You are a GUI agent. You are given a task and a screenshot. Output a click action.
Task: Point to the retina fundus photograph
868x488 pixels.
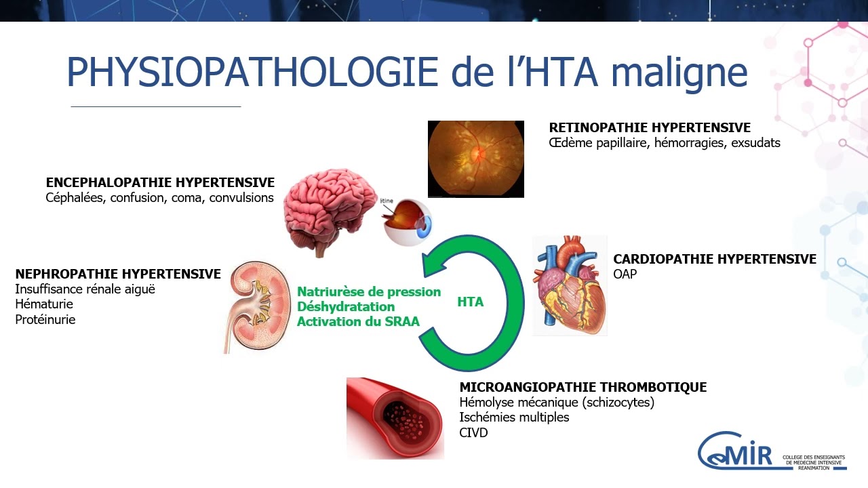475,159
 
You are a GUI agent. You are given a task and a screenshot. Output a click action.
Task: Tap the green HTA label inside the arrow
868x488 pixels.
470,302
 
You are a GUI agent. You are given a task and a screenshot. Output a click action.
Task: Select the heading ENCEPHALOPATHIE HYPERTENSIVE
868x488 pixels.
160,183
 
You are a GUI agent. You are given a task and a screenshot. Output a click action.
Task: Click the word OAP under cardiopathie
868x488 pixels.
625,274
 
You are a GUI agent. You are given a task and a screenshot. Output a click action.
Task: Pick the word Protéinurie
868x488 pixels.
45,320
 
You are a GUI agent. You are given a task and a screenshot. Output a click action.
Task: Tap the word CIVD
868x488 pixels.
473,432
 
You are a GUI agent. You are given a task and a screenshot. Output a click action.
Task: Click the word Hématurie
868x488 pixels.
44,304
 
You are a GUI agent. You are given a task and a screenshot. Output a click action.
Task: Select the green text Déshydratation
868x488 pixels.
346,307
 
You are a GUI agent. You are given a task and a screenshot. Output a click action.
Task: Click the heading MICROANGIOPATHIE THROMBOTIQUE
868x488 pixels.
583,388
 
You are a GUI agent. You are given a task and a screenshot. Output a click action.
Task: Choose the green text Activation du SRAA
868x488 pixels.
358,322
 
